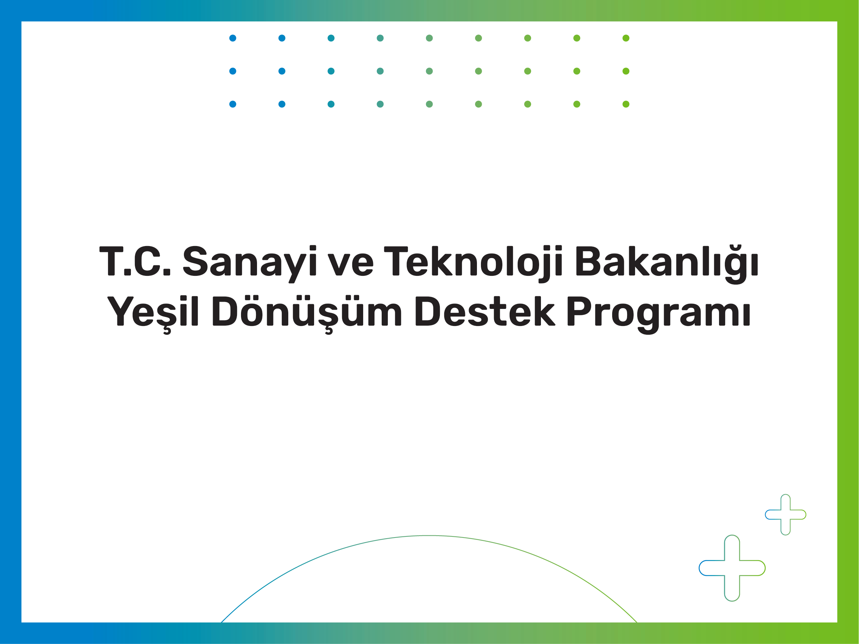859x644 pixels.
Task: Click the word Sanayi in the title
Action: (250, 264)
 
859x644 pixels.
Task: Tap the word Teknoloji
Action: (473, 264)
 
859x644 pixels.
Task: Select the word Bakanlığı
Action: (666, 264)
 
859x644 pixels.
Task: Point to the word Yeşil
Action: (153, 313)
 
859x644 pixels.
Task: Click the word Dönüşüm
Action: (307, 313)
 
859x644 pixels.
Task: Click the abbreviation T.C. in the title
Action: (135, 261)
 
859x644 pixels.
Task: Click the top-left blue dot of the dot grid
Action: (233, 38)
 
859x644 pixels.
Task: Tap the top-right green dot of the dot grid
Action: (626, 38)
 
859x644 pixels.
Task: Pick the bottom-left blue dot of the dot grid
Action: (233, 104)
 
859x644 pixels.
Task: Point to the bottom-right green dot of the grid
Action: (626, 104)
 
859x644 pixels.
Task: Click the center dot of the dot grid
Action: (429, 71)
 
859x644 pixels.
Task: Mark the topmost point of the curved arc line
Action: (429, 536)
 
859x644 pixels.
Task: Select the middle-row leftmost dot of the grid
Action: (233, 71)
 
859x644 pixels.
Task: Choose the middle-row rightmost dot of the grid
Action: (626, 71)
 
